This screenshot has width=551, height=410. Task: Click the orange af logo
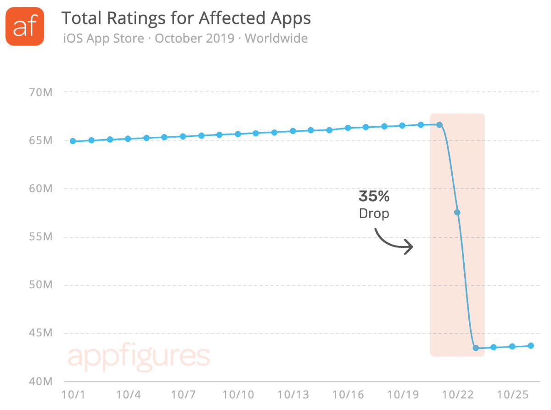(25, 26)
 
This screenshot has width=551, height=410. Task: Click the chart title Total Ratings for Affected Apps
(186, 18)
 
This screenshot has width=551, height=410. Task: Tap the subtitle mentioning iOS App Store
(185, 38)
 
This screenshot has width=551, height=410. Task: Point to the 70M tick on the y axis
(41, 92)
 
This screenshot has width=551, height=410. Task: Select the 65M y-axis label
(41, 140)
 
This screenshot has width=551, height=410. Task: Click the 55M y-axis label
(41, 237)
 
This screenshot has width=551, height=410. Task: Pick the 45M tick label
(41, 334)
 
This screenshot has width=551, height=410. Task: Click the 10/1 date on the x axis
(73, 395)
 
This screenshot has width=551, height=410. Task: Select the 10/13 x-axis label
(293, 395)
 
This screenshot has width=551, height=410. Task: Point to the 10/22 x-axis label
(457, 395)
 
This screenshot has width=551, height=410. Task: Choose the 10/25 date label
(512, 395)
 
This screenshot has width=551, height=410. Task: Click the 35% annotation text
(374, 197)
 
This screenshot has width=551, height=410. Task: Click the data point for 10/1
(73, 141)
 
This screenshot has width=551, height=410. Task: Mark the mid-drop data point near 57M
(457, 212)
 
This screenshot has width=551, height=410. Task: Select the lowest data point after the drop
(476, 348)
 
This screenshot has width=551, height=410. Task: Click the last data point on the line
(531, 346)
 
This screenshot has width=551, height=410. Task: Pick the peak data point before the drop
(439, 125)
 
